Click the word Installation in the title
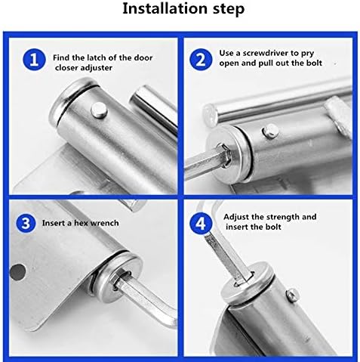point(165,8)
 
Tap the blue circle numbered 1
point(34,60)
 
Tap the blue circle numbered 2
point(201,60)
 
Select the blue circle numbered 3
point(26,223)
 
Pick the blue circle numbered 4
point(201,223)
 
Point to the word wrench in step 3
point(104,223)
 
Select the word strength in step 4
point(282,217)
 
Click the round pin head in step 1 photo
point(99,110)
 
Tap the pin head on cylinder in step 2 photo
point(270,131)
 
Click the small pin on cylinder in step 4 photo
point(293,295)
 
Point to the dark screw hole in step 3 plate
point(18,272)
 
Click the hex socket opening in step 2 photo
point(223,155)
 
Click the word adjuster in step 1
point(96,68)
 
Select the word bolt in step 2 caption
point(314,63)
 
